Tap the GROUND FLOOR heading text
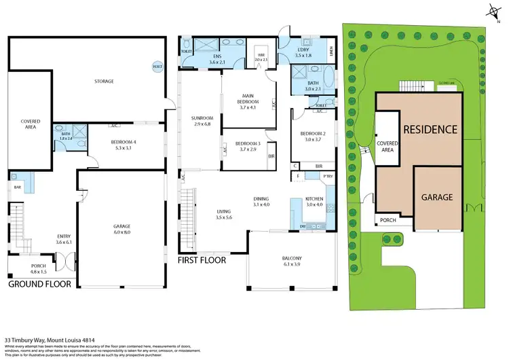39,284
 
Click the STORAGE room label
104,82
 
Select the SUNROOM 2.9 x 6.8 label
202,122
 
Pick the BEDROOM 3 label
248,146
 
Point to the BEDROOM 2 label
314,136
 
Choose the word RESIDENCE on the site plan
430,129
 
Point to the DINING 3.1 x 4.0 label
261,202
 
